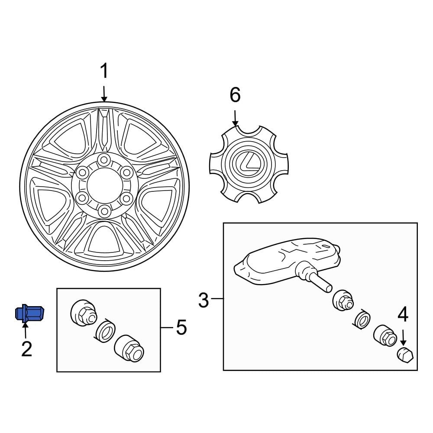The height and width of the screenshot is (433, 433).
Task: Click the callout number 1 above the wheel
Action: pos(104,71)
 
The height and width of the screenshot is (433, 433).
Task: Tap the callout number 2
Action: pos(26,349)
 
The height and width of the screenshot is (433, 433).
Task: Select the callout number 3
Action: pos(204,300)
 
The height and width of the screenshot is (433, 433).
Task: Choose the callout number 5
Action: pos(181,327)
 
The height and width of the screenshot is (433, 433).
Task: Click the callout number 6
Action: pos(235,95)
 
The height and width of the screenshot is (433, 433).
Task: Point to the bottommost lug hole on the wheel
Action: pos(103,211)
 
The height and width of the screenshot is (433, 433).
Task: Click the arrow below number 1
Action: pos(104,93)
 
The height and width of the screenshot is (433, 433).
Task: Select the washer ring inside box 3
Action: pos(362,320)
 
